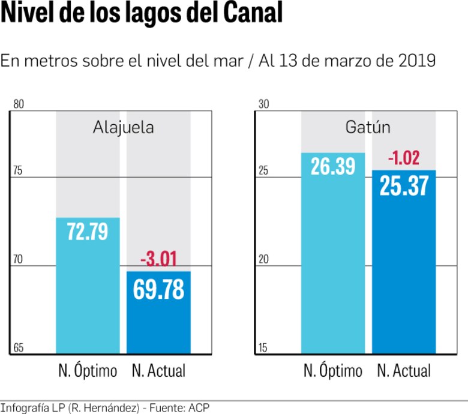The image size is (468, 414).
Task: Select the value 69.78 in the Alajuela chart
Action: pyautogui.click(x=158, y=289)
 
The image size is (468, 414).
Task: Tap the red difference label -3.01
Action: pyautogui.click(x=158, y=260)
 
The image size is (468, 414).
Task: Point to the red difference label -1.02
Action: pyautogui.click(x=404, y=158)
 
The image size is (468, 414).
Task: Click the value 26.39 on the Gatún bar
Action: pyautogui.click(x=333, y=167)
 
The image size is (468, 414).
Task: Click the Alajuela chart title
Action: pyautogui.click(x=123, y=127)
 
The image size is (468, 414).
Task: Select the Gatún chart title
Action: pyautogui.click(x=368, y=127)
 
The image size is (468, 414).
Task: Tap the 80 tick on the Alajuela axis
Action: pyautogui.click(x=18, y=104)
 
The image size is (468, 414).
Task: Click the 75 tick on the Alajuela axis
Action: pyautogui.click(x=18, y=171)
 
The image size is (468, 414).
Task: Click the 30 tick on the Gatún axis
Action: pyautogui.click(x=263, y=104)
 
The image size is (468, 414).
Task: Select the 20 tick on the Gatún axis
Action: pyautogui.click(x=263, y=260)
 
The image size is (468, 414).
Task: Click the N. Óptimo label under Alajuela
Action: pyautogui.click(x=88, y=371)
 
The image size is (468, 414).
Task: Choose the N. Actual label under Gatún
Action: pyautogui.click(x=404, y=371)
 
